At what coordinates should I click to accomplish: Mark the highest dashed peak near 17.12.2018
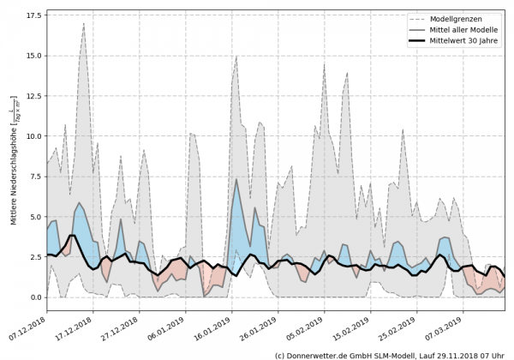tap(83, 23)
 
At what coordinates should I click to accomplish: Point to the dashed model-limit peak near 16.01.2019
tap(236, 57)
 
